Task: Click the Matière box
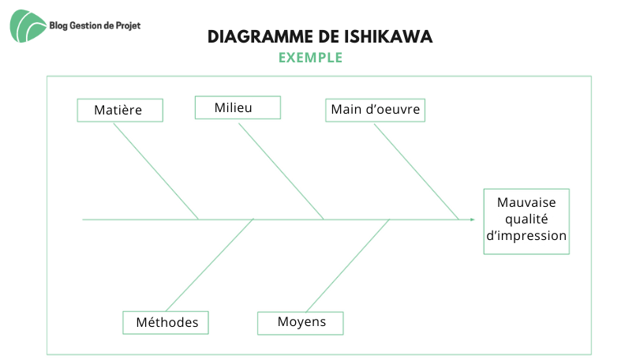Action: coord(120,111)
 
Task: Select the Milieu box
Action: coord(238,107)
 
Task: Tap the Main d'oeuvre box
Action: coord(375,111)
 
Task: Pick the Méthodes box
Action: coord(166,323)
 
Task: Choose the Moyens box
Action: coord(301,323)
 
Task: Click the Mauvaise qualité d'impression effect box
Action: coord(526,222)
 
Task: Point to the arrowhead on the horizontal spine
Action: coord(473,219)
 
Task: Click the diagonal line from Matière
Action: coord(156,171)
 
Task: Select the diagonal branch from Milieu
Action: coord(281,171)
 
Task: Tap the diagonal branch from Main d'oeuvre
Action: coord(417,172)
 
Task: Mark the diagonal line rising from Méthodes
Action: coord(210,265)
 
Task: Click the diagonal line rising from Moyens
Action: coord(348,266)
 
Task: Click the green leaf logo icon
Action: coord(28,26)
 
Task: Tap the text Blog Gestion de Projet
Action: coord(95,26)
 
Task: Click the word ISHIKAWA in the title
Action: coord(387,37)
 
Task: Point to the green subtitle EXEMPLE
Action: coord(311,58)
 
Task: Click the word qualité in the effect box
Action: coord(526,219)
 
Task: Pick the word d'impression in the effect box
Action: coord(526,236)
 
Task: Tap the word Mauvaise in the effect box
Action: coord(526,202)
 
